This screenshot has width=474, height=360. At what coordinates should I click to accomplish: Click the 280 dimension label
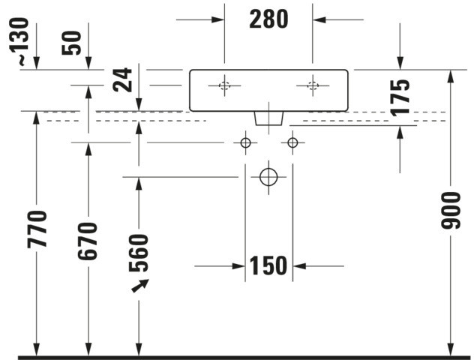[x=268, y=19]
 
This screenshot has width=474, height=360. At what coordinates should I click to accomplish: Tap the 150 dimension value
[x=268, y=265]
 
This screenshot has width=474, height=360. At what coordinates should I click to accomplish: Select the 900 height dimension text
[x=451, y=211]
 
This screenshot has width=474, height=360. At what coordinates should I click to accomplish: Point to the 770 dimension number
[x=37, y=229]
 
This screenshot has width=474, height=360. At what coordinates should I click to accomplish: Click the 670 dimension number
[x=88, y=241]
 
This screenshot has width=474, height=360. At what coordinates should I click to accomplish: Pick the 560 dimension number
[x=139, y=253]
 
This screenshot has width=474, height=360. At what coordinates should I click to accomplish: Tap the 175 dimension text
[x=400, y=97]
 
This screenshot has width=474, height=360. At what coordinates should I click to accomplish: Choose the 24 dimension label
[x=122, y=79]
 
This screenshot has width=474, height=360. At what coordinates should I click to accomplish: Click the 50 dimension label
[x=72, y=43]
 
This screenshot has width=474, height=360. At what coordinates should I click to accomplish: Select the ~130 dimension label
[x=23, y=41]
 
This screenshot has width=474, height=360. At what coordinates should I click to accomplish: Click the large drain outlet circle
[x=268, y=177]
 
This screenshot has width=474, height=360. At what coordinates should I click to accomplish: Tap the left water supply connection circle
[x=245, y=142]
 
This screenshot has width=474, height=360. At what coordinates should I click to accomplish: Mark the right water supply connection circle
[x=292, y=142]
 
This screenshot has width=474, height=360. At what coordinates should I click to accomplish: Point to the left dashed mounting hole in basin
[x=224, y=85]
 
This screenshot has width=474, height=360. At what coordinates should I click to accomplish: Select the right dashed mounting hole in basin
[x=313, y=85]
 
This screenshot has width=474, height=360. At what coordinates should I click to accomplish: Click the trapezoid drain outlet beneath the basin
[x=268, y=118]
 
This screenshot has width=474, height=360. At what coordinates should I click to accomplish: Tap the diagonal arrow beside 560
[x=140, y=286]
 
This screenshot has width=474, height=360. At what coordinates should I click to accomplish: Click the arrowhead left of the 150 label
[x=238, y=266]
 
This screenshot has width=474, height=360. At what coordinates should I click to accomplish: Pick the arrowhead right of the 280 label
[x=319, y=20]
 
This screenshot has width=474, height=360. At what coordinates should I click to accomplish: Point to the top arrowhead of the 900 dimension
[x=451, y=76]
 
